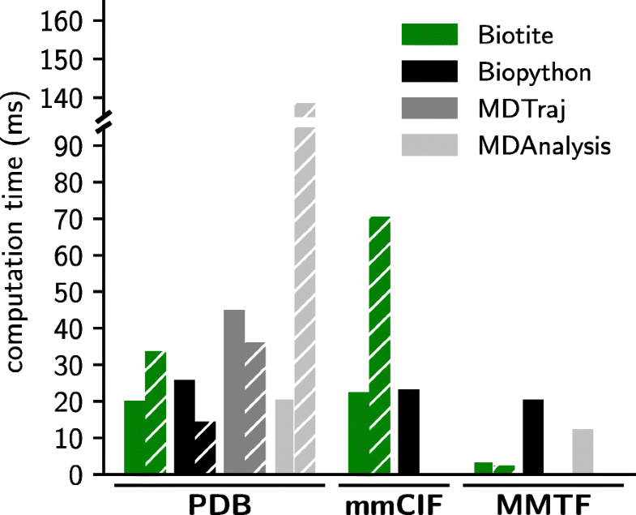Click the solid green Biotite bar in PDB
click(134, 437)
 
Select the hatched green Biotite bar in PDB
click(156, 413)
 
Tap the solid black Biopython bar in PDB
click(185, 427)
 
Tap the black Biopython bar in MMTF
click(533, 437)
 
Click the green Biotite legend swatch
click(429, 34)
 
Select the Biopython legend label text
click(534, 72)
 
